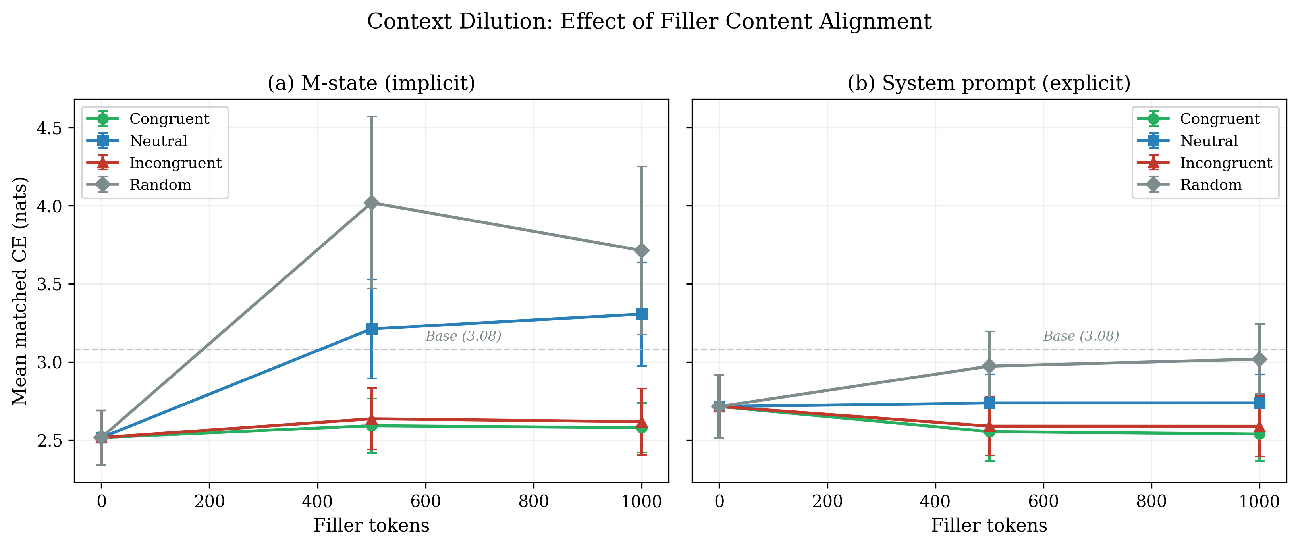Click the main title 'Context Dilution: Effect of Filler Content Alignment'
point(648,22)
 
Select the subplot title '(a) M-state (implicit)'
point(371,83)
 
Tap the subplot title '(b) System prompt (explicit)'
point(989,83)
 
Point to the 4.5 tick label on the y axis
point(49,128)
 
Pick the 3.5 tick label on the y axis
point(49,284)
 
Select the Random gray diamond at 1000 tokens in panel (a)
point(641,250)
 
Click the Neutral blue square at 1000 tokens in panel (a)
point(641,314)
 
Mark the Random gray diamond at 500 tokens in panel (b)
point(989,366)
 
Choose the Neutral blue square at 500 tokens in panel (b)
point(989,403)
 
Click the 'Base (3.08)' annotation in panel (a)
point(463,336)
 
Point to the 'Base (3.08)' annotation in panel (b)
point(1081,336)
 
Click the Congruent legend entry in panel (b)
point(1219,119)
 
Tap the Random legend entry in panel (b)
point(1210,185)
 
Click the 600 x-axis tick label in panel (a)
point(425,502)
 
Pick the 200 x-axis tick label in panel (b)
point(827,502)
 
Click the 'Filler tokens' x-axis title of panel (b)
point(989,525)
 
